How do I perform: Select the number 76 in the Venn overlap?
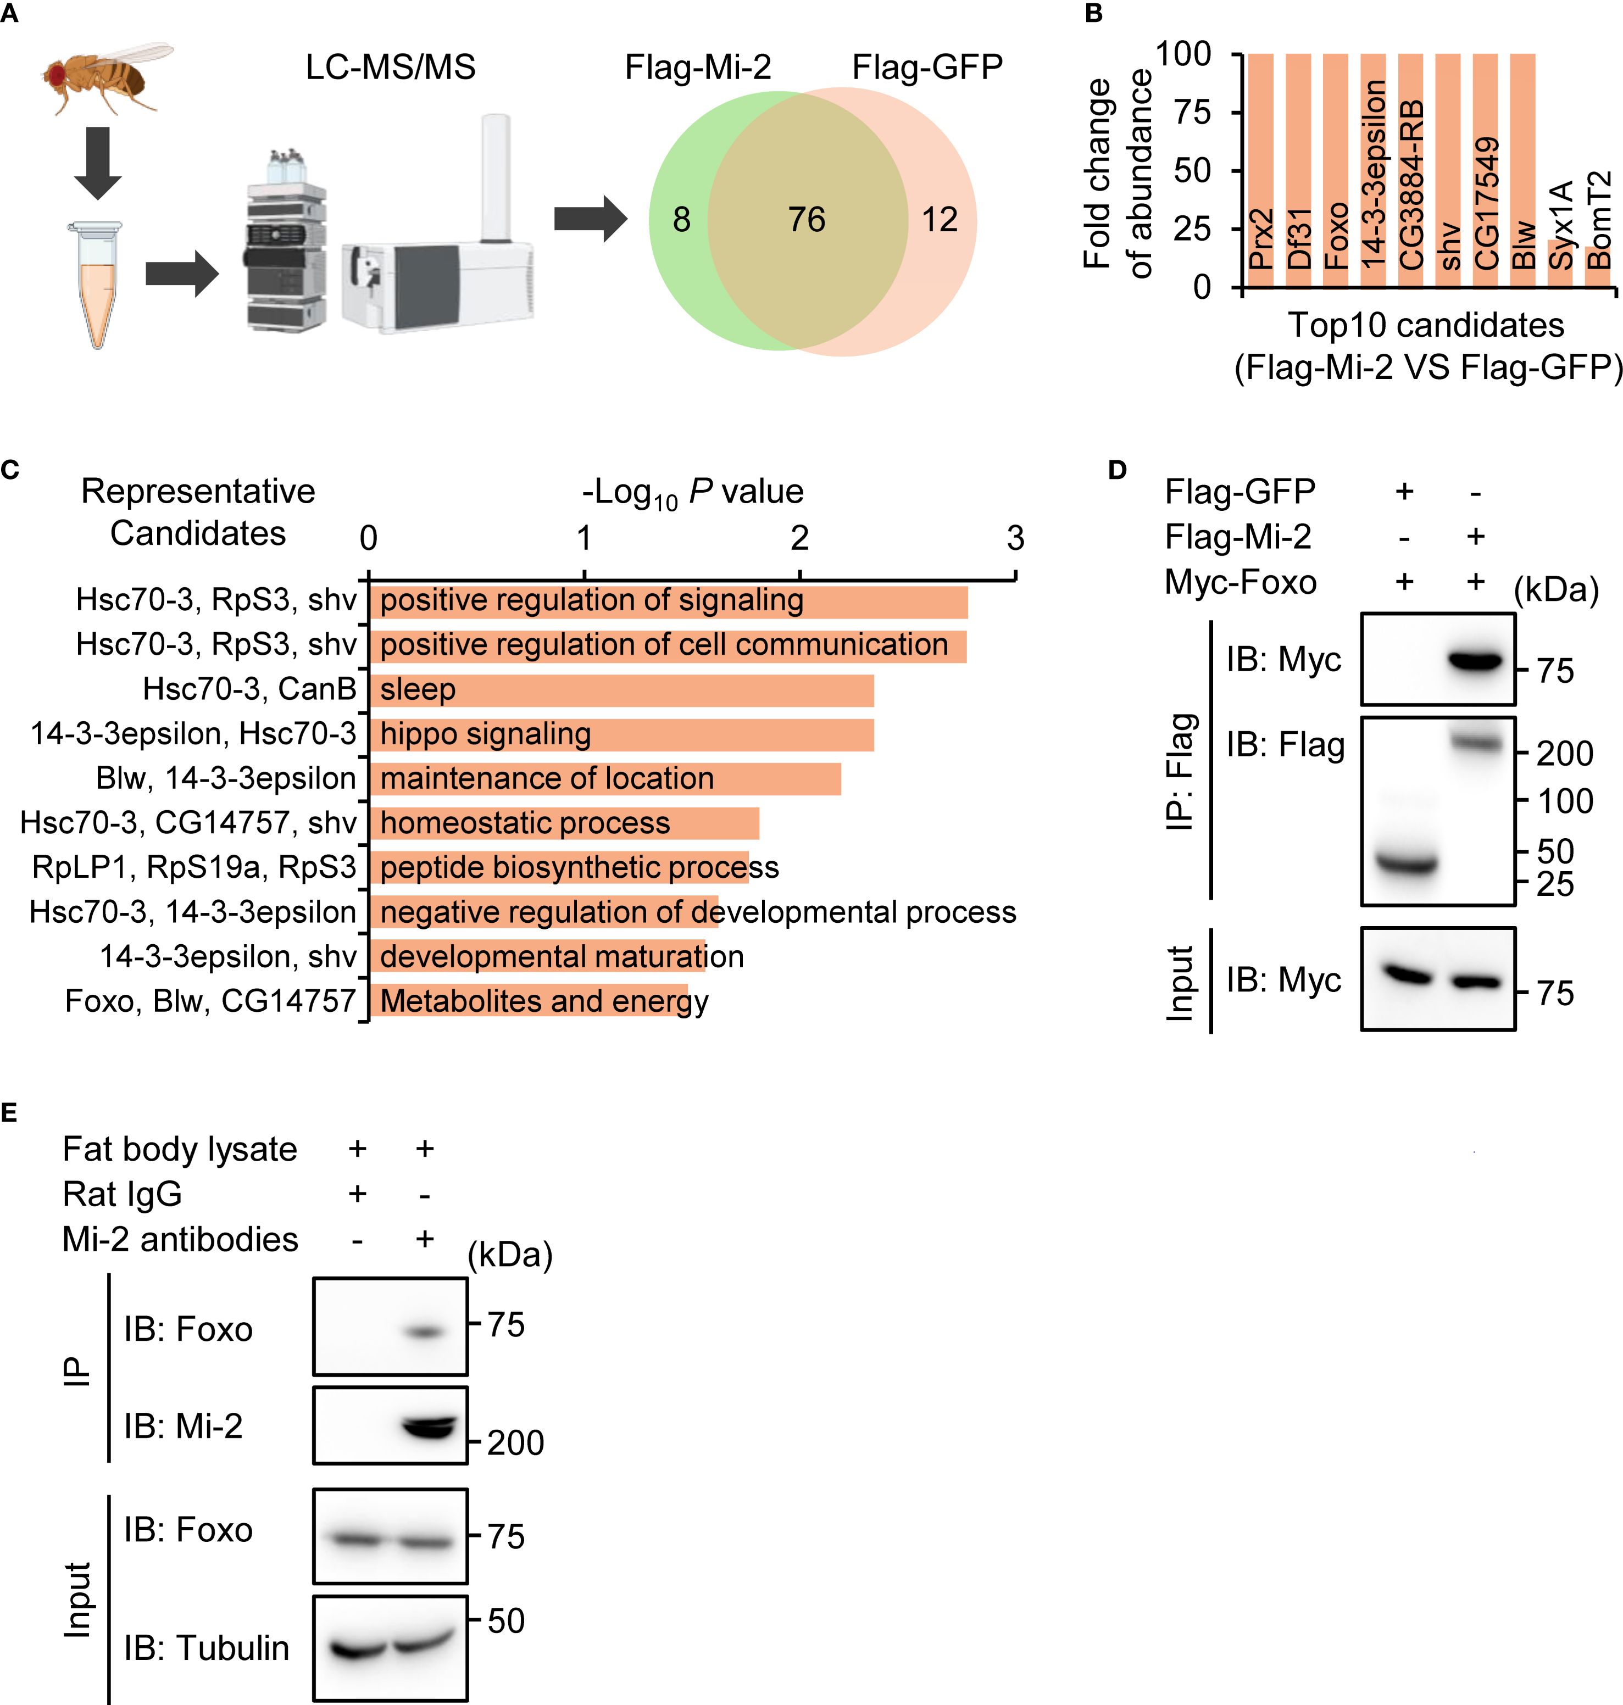(807, 220)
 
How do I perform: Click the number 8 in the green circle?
(682, 220)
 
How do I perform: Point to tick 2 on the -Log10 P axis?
(799, 539)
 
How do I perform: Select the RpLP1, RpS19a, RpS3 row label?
(194, 867)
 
